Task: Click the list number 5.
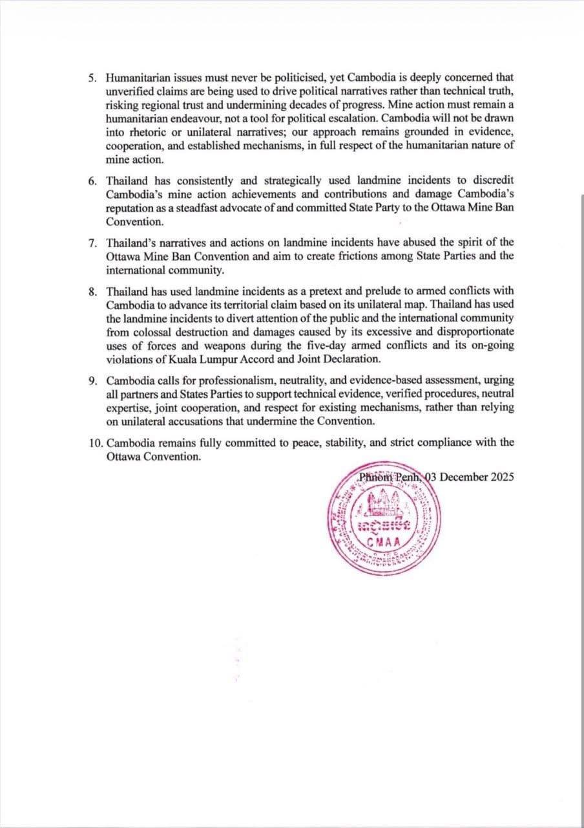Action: (92, 77)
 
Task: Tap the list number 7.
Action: (92, 242)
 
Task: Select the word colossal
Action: (154, 332)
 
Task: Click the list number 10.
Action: (95, 442)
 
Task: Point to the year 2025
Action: (501, 477)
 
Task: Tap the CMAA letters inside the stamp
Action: (384, 542)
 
